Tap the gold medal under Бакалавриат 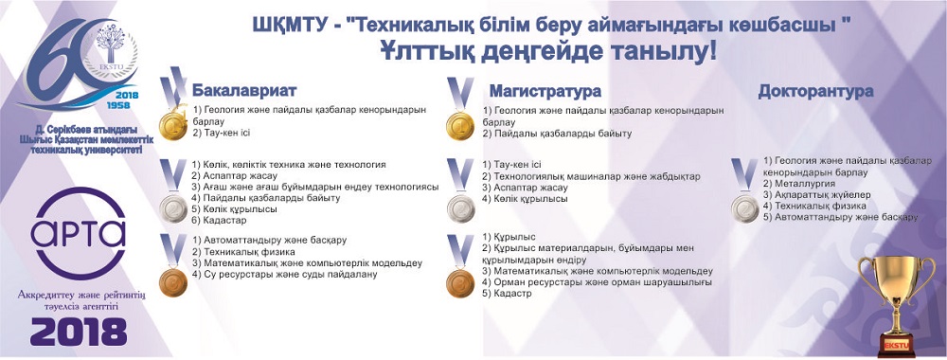pos(173,125)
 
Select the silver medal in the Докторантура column pos(744,209)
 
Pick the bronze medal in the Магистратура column pos(460,283)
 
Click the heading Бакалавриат pos(244,91)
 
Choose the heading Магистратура pos(545,91)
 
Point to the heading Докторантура pos(815,91)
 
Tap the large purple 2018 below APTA pos(79,332)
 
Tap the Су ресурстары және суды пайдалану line pos(284,274)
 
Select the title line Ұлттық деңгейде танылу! pos(548,52)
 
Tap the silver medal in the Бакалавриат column pos(173,209)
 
